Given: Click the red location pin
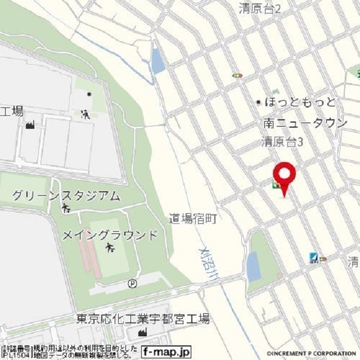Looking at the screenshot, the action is click(x=284, y=175).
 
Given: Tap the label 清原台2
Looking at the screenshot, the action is click(x=259, y=8).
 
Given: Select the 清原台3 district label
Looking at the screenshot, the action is click(x=283, y=142).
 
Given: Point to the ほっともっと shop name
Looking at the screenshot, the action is click(x=300, y=102).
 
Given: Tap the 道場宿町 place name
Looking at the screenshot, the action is click(x=193, y=219).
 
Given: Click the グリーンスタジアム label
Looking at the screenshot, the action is click(x=66, y=196).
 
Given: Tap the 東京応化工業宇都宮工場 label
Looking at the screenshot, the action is click(x=143, y=319).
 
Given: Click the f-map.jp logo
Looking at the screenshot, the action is click(x=166, y=352).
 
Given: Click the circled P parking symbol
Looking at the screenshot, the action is click(x=132, y=283).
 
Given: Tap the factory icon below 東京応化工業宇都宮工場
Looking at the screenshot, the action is click(x=142, y=333).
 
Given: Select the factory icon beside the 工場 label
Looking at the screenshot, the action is click(x=30, y=124).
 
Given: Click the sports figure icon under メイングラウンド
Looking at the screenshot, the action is click(x=110, y=248).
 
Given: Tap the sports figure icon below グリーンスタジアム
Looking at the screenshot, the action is click(x=66, y=209).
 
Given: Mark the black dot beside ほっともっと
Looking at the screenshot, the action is click(x=259, y=102).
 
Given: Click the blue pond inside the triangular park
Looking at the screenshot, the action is click(x=254, y=266).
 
